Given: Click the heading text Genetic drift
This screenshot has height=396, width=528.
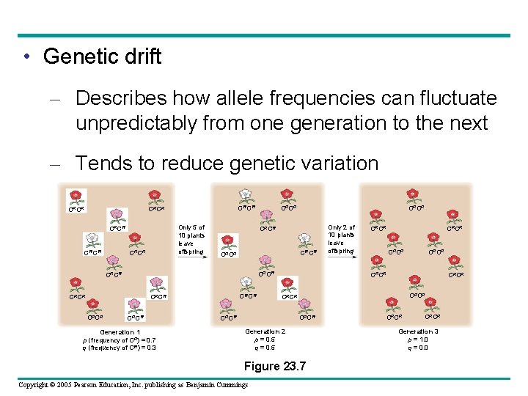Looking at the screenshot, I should [x=102, y=56].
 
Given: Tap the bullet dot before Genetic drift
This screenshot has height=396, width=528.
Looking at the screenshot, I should [x=26, y=57].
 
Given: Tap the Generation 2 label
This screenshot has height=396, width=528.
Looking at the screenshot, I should [x=265, y=331].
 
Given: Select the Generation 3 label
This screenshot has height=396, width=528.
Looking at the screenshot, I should [x=419, y=331].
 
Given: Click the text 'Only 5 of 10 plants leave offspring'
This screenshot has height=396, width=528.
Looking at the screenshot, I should [x=191, y=240].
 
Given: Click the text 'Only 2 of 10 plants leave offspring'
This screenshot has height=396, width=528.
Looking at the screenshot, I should [x=341, y=240].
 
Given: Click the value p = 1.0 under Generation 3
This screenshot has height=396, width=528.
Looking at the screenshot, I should [x=417, y=340].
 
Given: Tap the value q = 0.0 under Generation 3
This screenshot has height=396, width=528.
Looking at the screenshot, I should [x=417, y=348].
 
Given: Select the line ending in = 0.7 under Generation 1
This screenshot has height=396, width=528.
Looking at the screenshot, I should [x=120, y=340].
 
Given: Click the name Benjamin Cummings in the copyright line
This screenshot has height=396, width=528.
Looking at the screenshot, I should [x=212, y=385].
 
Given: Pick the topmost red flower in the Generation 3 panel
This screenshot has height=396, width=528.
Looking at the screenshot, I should [x=414, y=195].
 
